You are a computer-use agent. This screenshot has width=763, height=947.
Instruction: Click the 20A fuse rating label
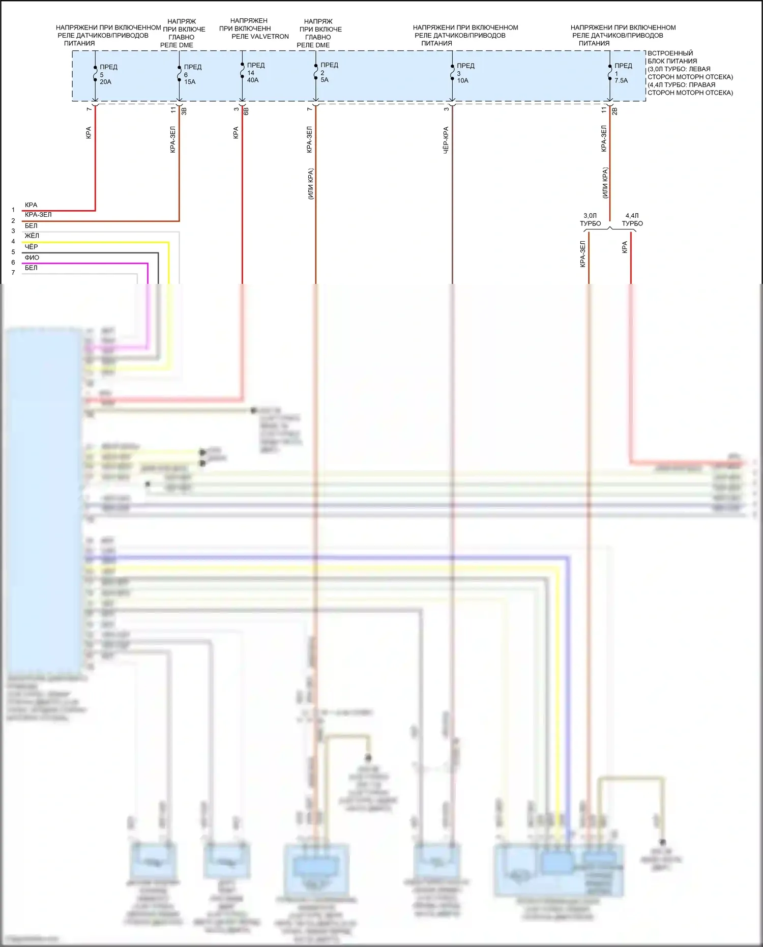[105, 82]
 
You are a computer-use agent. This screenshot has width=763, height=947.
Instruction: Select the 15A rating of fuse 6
[190, 82]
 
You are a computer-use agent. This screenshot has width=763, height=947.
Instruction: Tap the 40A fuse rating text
[253, 80]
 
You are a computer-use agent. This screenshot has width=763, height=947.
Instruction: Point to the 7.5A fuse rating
[621, 80]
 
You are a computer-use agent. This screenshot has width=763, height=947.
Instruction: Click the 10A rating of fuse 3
[462, 80]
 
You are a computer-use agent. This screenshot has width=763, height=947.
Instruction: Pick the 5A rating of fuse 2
[325, 80]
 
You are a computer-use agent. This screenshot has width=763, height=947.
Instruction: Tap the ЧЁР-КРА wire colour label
[446, 140]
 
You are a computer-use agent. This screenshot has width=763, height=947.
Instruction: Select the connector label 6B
[246, 110]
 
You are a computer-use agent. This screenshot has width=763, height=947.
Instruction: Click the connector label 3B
[184, 110]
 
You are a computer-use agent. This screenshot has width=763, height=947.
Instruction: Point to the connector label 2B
[614, 110]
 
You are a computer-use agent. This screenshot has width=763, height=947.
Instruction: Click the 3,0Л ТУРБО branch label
[590, 220]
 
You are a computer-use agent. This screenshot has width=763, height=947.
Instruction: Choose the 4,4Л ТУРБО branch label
[632, 220]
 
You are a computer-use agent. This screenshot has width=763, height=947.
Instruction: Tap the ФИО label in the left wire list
[32, 257]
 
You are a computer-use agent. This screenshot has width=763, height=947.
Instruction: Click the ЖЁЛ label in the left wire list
[32, 236]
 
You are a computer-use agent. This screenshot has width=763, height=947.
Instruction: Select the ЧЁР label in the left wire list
[31, 247]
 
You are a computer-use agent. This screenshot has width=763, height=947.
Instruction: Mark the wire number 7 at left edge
[13, 273]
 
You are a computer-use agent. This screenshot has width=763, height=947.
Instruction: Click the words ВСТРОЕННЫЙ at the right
[670, 53]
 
